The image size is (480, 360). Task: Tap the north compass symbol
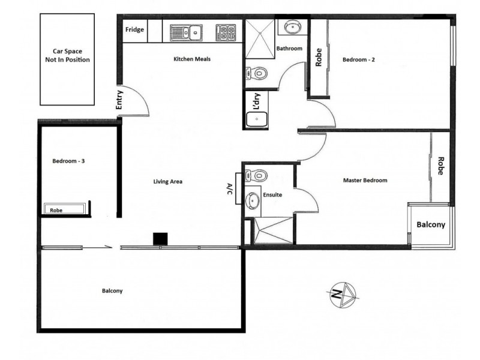pos(343,294)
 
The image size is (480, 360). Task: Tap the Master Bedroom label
pos(365,180)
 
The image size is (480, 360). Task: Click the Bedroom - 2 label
pos(359,59)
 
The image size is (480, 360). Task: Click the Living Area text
pos(167,181)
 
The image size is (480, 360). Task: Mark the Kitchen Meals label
pos(191,59)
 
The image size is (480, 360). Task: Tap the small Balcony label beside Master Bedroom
pos(431,225)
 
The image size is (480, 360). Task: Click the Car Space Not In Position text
pos(67,56)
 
